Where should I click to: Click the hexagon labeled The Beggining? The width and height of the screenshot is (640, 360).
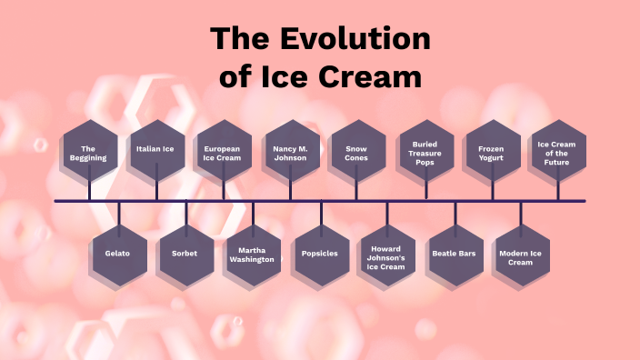(88, 152)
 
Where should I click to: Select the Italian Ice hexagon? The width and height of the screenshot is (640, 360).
(156, 148)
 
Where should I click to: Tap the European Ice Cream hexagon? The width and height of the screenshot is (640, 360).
(224, 152)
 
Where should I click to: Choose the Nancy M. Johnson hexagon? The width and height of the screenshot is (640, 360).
(290, 152)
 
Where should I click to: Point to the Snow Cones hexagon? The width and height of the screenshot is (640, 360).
(356, 152)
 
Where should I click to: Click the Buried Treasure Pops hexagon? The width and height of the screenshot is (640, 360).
(425, 152)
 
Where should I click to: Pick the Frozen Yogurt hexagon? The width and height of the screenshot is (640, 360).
(492, 152)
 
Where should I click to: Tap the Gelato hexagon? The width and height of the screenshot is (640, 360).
(119, 254)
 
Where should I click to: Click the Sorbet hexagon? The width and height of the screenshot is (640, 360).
(185, 254)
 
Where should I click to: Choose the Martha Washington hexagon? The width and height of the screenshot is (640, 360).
(253, 254)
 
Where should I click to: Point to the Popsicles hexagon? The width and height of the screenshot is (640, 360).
(320, 254)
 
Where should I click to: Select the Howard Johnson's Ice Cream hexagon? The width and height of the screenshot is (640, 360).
(386, 255)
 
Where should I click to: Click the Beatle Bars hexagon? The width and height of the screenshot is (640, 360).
(455, 254)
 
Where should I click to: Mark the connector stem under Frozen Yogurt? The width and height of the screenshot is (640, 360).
(492, 190)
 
